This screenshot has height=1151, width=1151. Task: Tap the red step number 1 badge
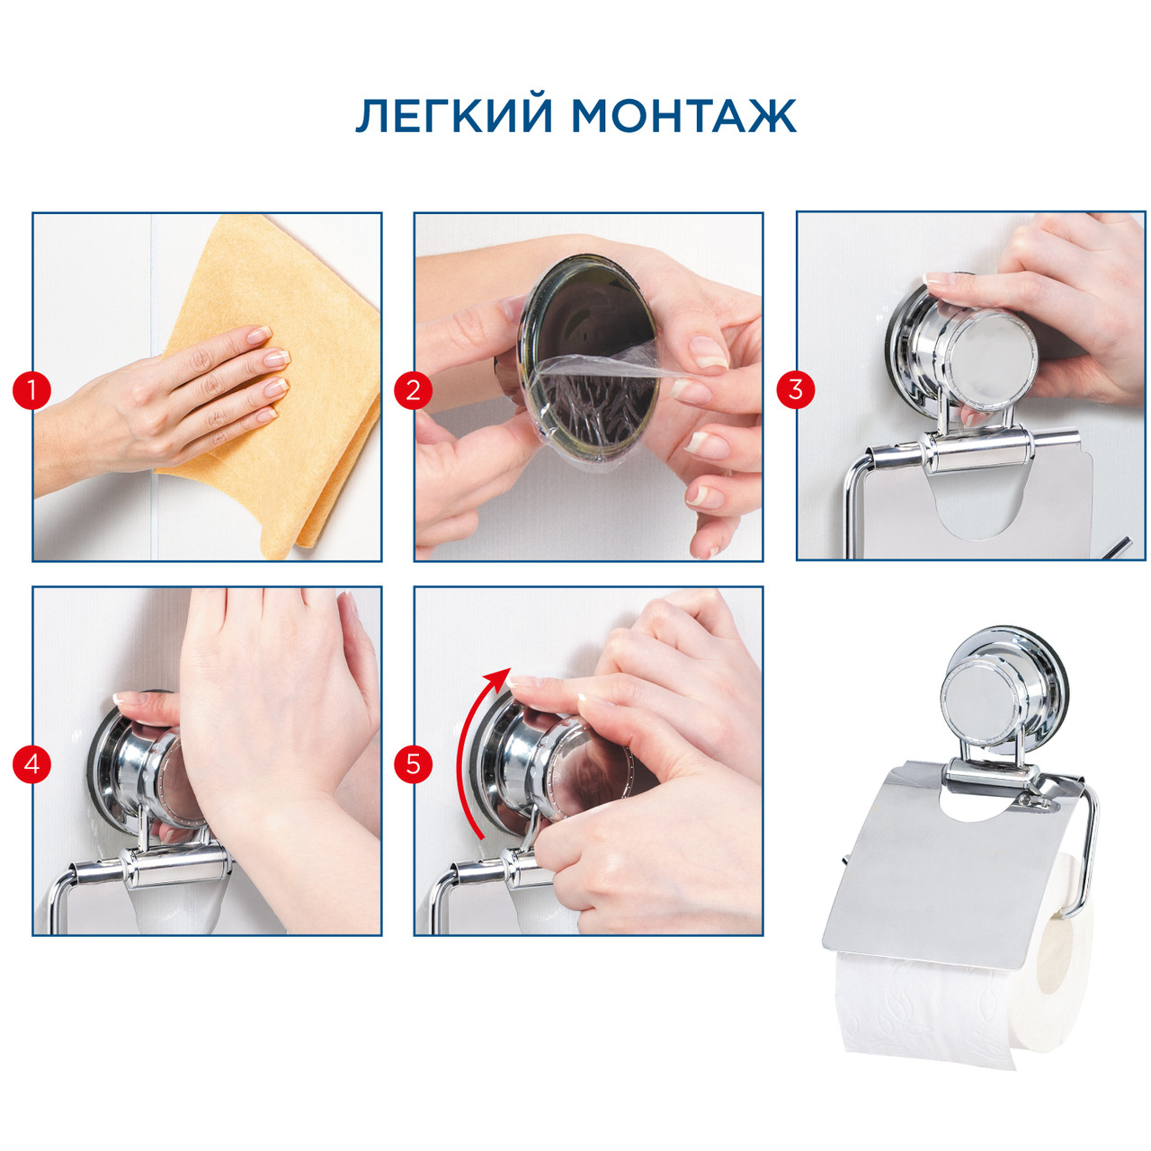31,390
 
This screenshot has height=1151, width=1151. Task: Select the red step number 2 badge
413,390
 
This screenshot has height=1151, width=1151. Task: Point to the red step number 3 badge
795,389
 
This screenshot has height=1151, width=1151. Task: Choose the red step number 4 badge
31,764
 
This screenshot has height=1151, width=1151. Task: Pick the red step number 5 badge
413,764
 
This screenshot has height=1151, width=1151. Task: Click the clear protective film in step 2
597,412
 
